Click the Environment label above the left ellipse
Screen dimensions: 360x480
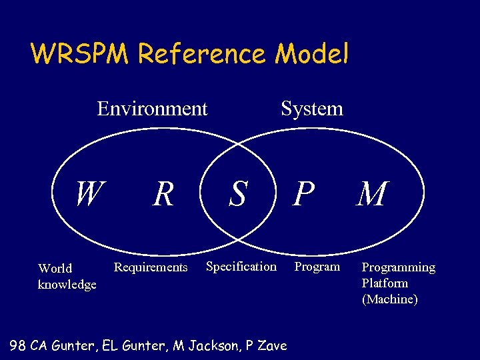click(152, 108)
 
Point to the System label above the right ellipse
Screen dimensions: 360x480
click(311, 108)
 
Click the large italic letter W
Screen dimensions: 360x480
click(89, 194)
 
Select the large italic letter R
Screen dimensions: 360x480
click(163, 195)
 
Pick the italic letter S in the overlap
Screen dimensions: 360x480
click(237, 195)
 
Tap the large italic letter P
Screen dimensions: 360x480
click(303, 195)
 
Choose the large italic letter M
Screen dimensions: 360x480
click(371, 195)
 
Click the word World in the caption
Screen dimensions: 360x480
click(55, 269)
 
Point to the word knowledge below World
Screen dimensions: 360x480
click(67, 285)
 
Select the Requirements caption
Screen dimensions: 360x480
click(151, 268)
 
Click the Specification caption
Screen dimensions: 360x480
click(241, 267)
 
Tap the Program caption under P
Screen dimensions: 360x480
click(317, 267)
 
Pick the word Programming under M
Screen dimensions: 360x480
click(398, 267)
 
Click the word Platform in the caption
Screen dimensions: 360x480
click(385, 283)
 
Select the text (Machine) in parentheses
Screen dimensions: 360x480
click(389, 299)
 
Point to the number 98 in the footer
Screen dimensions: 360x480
click(19, 345)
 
